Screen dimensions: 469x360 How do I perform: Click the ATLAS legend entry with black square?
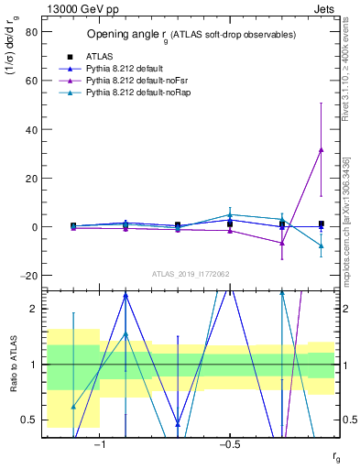click(x=94, y=55)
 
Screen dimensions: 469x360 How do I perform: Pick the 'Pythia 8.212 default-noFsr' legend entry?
click(x=130, y=81)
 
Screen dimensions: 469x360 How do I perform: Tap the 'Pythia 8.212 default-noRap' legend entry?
click(x=131, y=93)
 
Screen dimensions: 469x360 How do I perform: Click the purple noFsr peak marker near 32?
click(x=321, y=149)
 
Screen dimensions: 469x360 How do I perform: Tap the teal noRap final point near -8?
click(x=321, y=245)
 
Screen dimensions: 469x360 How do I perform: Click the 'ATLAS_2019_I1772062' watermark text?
click(x=191, y=273)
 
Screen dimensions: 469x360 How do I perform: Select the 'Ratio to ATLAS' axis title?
click(x=12, y=364)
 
